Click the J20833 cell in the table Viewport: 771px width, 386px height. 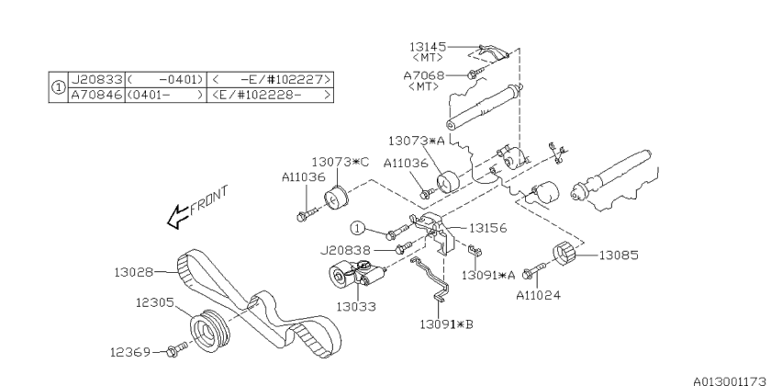[x=96, y=79]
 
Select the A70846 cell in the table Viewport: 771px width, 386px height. [x=96, y=95]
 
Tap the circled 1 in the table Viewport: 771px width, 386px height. [x=59, y=87]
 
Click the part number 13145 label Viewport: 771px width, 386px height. [x=428, y=47]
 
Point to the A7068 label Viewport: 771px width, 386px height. [x=423, y=75]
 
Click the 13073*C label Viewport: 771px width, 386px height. [x=340, y=162]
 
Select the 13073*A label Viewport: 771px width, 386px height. [x=416, y=141]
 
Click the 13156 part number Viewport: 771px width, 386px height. [x=487, y=228]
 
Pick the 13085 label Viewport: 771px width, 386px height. [x=619, y=255]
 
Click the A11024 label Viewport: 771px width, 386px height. [x=538, y=295]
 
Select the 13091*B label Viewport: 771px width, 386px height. [x=446, y=324]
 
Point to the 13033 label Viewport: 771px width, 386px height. [x=356, y=307]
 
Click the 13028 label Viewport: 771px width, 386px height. [x=134, y=272]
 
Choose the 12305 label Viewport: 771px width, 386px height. [x=155, y=301]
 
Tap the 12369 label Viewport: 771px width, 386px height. [x=129, y=352]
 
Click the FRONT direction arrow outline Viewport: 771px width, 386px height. [x=178, y=217]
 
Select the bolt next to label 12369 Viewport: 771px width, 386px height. [x=177, y=349]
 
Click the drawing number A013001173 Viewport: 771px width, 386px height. [x=730, y=381]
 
